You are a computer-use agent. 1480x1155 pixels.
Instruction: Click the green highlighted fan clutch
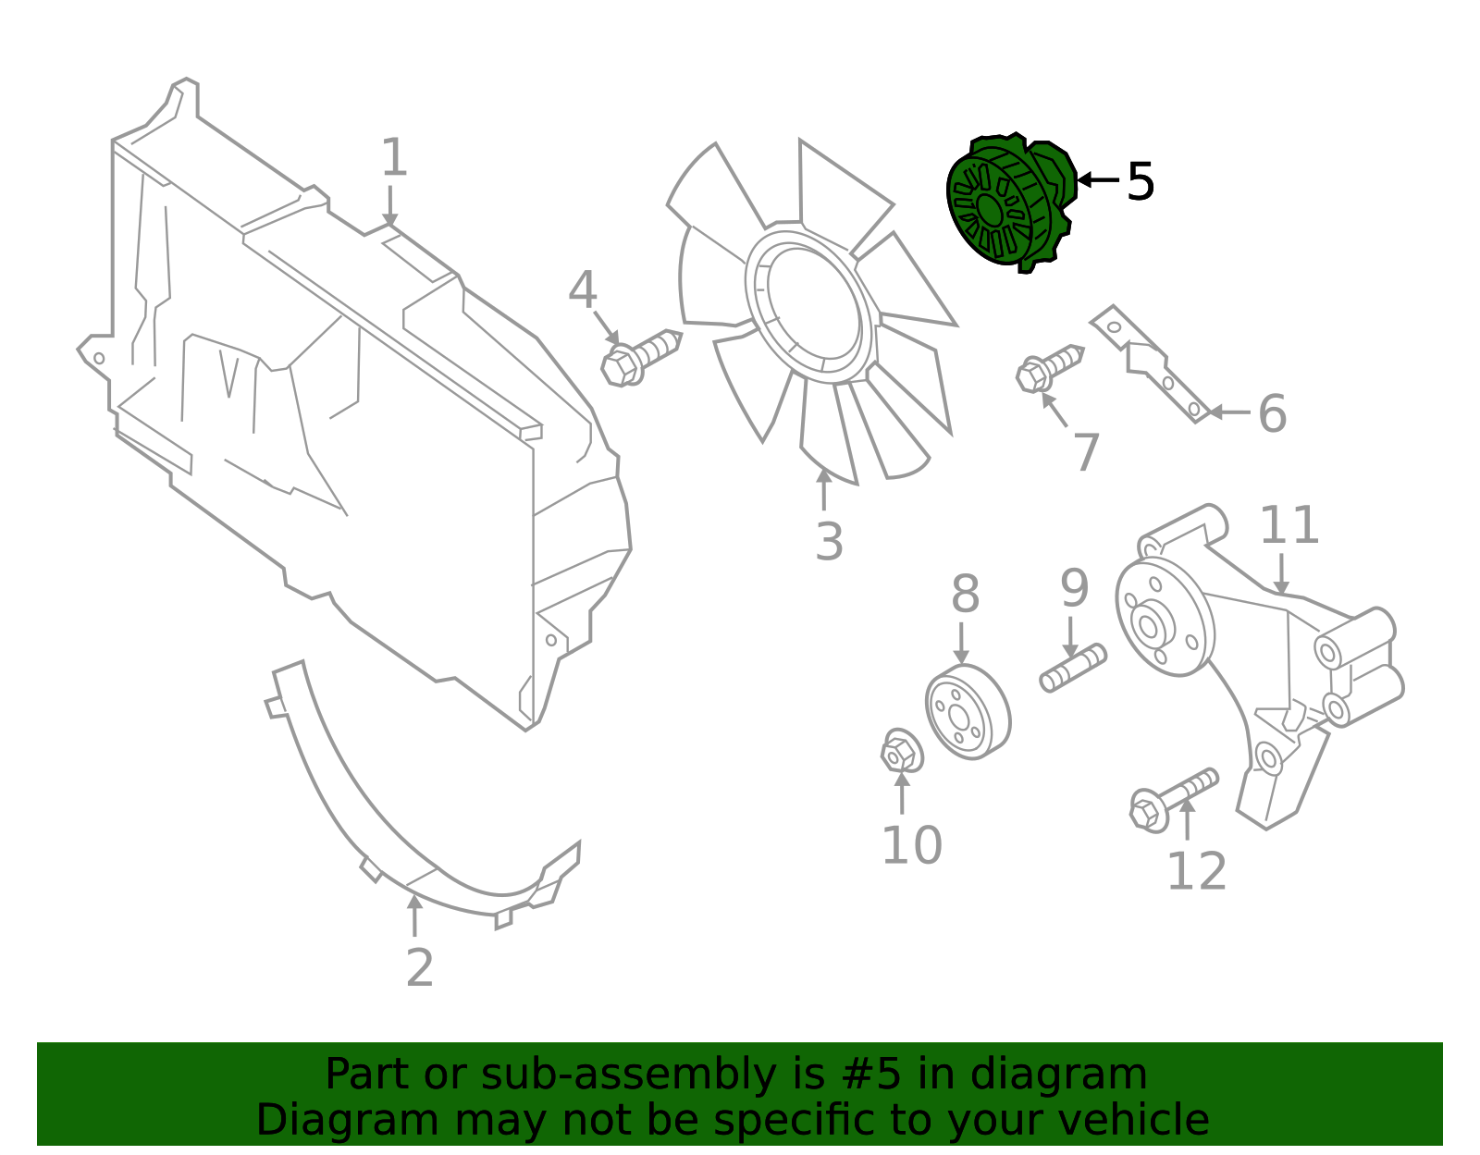click(1010, 203)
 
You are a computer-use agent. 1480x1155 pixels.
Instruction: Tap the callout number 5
click(1141, 182)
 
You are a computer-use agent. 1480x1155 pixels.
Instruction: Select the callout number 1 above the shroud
click(394, 158)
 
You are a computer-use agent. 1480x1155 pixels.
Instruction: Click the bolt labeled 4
click(640, 356)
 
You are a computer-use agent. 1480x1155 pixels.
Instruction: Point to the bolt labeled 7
click(1048, 367)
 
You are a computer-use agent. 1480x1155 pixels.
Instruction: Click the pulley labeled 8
click(968, 711)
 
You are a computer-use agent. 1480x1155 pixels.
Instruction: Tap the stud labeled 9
click(1073, 668)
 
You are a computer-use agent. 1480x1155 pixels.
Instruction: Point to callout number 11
click(1289, 526)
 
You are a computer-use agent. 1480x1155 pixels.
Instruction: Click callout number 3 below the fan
click(829, 542)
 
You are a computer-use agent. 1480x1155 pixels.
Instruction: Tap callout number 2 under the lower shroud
click(419, 968)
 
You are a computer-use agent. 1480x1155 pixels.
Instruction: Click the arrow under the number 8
click(962, 643)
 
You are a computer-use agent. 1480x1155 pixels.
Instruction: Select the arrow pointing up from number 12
click(1187, 819)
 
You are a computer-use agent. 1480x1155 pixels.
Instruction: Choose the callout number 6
click(1272, 413)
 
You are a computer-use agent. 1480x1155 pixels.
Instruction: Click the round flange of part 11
click(1164, 617)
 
